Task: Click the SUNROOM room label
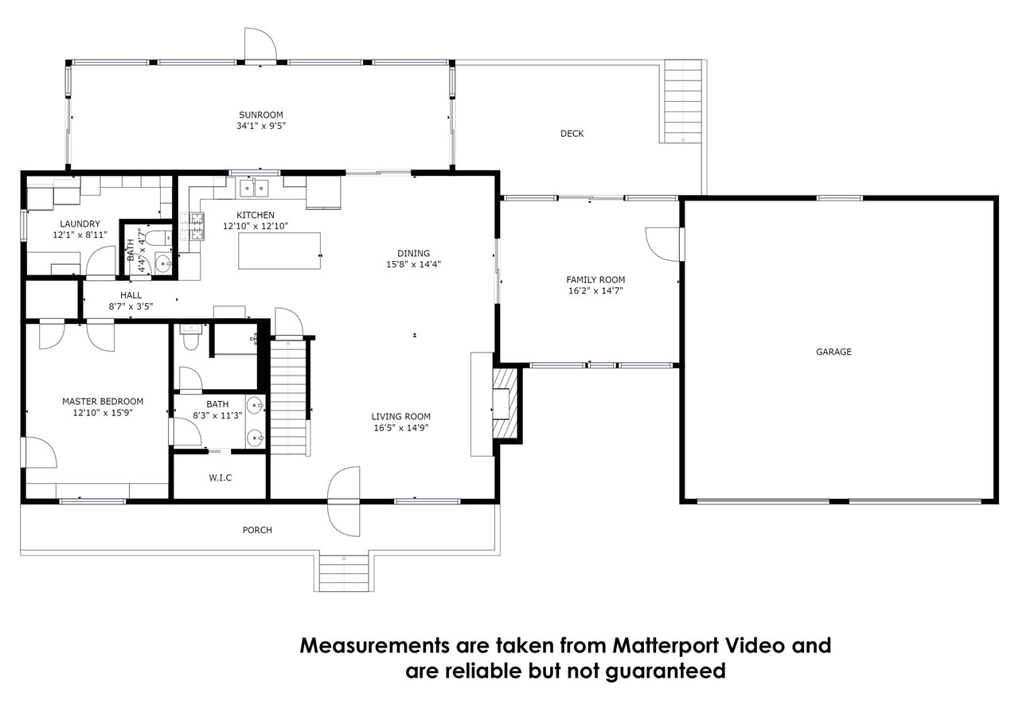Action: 260,115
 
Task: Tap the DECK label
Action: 572,134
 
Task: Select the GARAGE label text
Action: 834,352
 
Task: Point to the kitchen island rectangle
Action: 279,251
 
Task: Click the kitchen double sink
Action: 254,188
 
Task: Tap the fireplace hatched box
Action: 505,403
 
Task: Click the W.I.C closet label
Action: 221,477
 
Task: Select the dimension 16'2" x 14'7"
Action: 595,291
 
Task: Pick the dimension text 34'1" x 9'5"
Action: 260,126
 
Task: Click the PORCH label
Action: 257,530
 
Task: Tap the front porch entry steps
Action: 344,573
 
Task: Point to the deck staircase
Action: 683,101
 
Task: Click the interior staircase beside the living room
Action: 288,396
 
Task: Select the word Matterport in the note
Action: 666,645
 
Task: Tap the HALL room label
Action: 131,295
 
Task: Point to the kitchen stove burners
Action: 197,226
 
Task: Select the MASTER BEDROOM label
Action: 103,401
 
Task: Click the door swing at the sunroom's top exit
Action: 260,44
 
